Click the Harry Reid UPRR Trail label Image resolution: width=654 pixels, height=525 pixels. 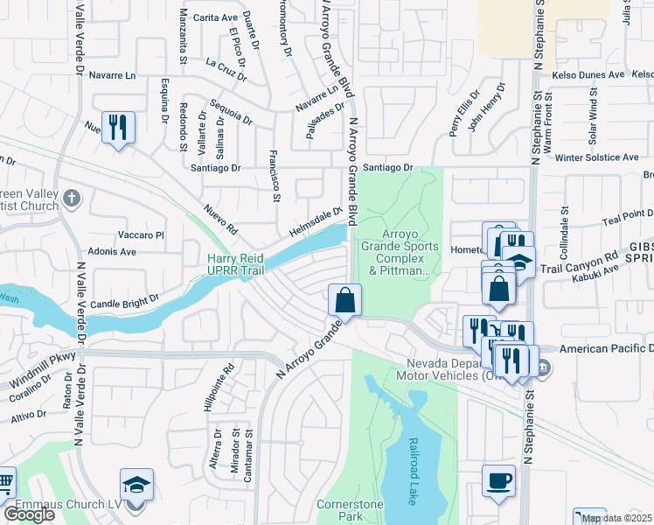point(247,265)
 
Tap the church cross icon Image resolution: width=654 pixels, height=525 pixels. point(72,198)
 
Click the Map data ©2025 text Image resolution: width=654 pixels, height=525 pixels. point(616,518)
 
